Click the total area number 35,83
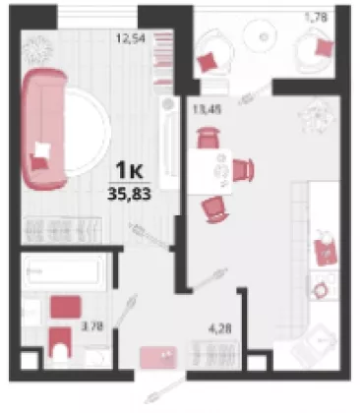[130, 194]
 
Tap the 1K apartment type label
[130, 170]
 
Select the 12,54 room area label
[130, 38]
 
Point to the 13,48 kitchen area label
[207, 109]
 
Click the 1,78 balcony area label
[316, 17]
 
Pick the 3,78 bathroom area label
[92, 326]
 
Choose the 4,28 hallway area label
[220, 328]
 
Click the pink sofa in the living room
[43, 129]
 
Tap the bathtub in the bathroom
[63, 270]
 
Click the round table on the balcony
[262, 36]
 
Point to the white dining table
[210, 171]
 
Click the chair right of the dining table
[243, 169]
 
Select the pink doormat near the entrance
[158, 357]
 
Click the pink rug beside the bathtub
[66, 307]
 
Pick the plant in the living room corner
[39, 49]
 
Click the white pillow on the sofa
[42, 149]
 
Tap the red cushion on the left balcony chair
[208, 62]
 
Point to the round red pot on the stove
[321, 290]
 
